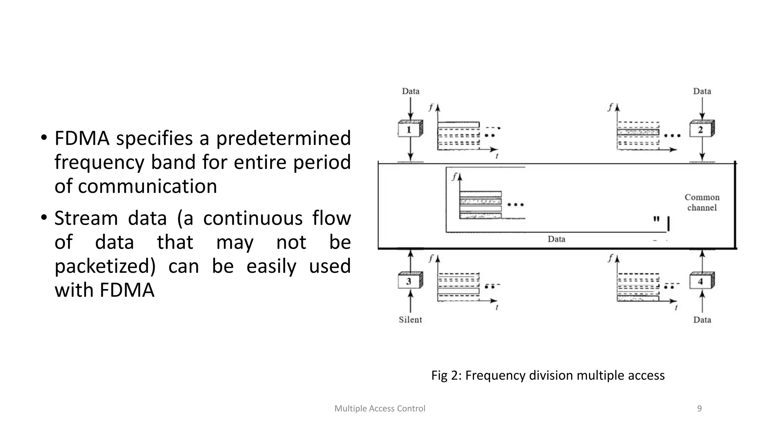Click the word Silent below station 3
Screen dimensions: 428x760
pyautogui.click(x=410, y=320)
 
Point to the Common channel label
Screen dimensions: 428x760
pyautogui.click(x=702, y=202)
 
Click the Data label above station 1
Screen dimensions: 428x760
pyautogui.click(x=410, y=91)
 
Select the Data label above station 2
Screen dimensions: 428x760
pyautogui.click(x=702, y=91)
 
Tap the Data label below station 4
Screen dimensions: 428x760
pyautogui.click(x=702, y=320)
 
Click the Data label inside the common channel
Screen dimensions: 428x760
pyautogui.click(x=556, y=239)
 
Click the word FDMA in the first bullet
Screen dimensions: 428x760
pyautogui.click(x=82, y=138)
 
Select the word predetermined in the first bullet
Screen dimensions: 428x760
pyautogui.click(x=283, y=138)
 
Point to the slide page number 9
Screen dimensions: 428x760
pyautogui.click(x=700, y=408)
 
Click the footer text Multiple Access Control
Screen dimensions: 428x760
pyautogui.click(x=380, y=408)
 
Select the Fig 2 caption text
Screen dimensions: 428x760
pyautogui.click(x=548, y=375)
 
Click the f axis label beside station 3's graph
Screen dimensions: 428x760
pyautogui.click(x=431, y=259)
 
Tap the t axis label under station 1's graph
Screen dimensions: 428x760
pyautogui.click(x=497, y=156)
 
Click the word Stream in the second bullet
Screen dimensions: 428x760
pyautogui.click(x=86, y=218)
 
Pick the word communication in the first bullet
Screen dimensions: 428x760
pyautogui.click(x=147, y=186)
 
